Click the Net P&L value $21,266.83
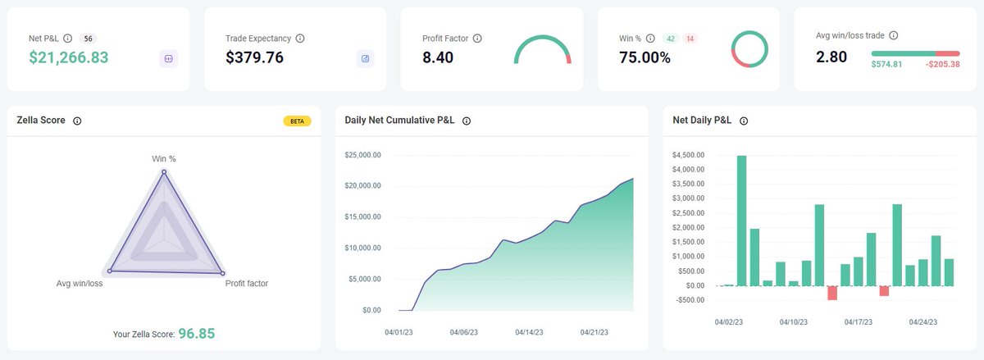click(69, 57)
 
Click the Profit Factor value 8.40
click(438, 57)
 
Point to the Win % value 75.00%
click(645, 57)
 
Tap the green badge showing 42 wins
click(670, 39)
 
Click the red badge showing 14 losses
click(690, 39)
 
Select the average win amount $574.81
click(886, 64)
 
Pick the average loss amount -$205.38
click(942, 64)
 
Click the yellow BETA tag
click(297, 121)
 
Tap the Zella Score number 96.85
click(197, 334)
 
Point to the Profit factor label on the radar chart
click(246, 284)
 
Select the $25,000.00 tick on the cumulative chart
click(362, 154)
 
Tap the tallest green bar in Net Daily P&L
click(741, 220)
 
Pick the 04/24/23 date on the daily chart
click(924, 322)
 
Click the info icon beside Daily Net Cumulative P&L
click(467, 121)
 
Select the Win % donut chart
click(749, 49)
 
